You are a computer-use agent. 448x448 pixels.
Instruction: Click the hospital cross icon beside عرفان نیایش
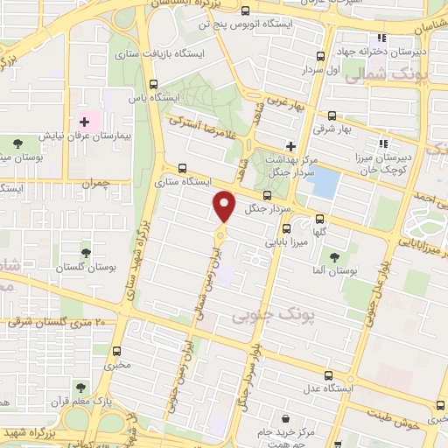pyautogui.click(x=84, y=122)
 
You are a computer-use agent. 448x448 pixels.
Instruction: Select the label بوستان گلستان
pyautogui.click(x=86, y=268)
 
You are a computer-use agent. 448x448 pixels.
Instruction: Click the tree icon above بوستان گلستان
pyautogui.click(x=85, y=253)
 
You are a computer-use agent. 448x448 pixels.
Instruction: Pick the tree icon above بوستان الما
pyautogui.click(x=334, y=255)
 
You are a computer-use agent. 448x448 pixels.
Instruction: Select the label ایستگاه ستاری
pyautogui.click(x=182, y=183)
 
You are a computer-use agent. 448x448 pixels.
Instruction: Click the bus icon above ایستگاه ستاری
pyautogui.click(x=182, y=168)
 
